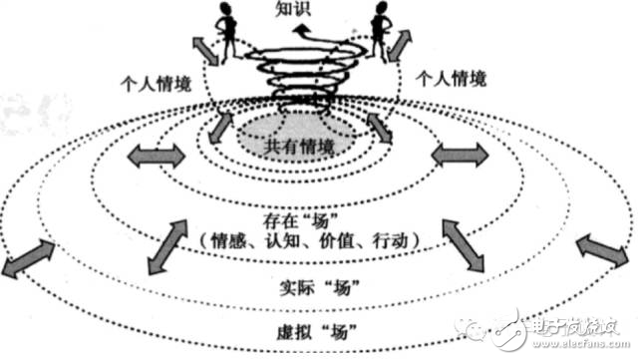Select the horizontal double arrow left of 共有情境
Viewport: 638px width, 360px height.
click(x=156, y=155)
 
